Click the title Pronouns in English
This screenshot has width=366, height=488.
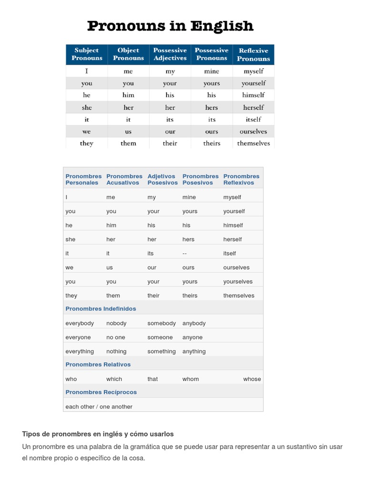(170, 26)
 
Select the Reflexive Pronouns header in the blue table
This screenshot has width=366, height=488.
(253, 55)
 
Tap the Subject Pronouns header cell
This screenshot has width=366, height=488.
(87, 54)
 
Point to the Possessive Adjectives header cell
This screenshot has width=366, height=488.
(170, 54)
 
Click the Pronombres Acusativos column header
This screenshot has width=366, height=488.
(124, 179)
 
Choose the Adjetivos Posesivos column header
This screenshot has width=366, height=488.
(162, 179)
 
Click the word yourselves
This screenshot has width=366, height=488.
(238, 282)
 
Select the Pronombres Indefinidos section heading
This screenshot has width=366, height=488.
(101, 309)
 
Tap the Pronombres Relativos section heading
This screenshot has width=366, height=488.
(98, 365)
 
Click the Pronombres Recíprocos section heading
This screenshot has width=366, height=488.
(101, 392)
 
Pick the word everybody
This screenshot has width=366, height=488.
(80, 323)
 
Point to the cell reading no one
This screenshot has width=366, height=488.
(116, 337)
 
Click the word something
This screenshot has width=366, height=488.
(162, 351)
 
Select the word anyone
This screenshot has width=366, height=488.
(193, 337)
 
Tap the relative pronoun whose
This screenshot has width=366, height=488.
(252, 379)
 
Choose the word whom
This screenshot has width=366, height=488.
(191, 379)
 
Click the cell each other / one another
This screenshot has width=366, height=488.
(99, 407)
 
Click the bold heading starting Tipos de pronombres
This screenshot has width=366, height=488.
(98, 434)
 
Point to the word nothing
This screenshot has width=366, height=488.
(116, 351)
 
